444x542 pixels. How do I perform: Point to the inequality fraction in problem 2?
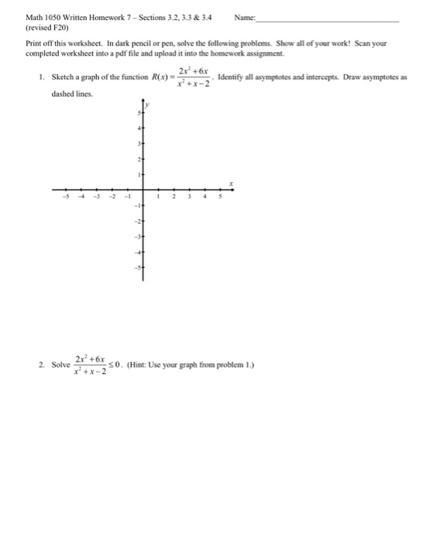(90, 363)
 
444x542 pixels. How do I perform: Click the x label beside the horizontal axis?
(230, 182)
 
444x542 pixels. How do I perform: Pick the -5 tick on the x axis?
(66, 197)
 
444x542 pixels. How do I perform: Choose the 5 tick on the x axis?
(222, 197)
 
